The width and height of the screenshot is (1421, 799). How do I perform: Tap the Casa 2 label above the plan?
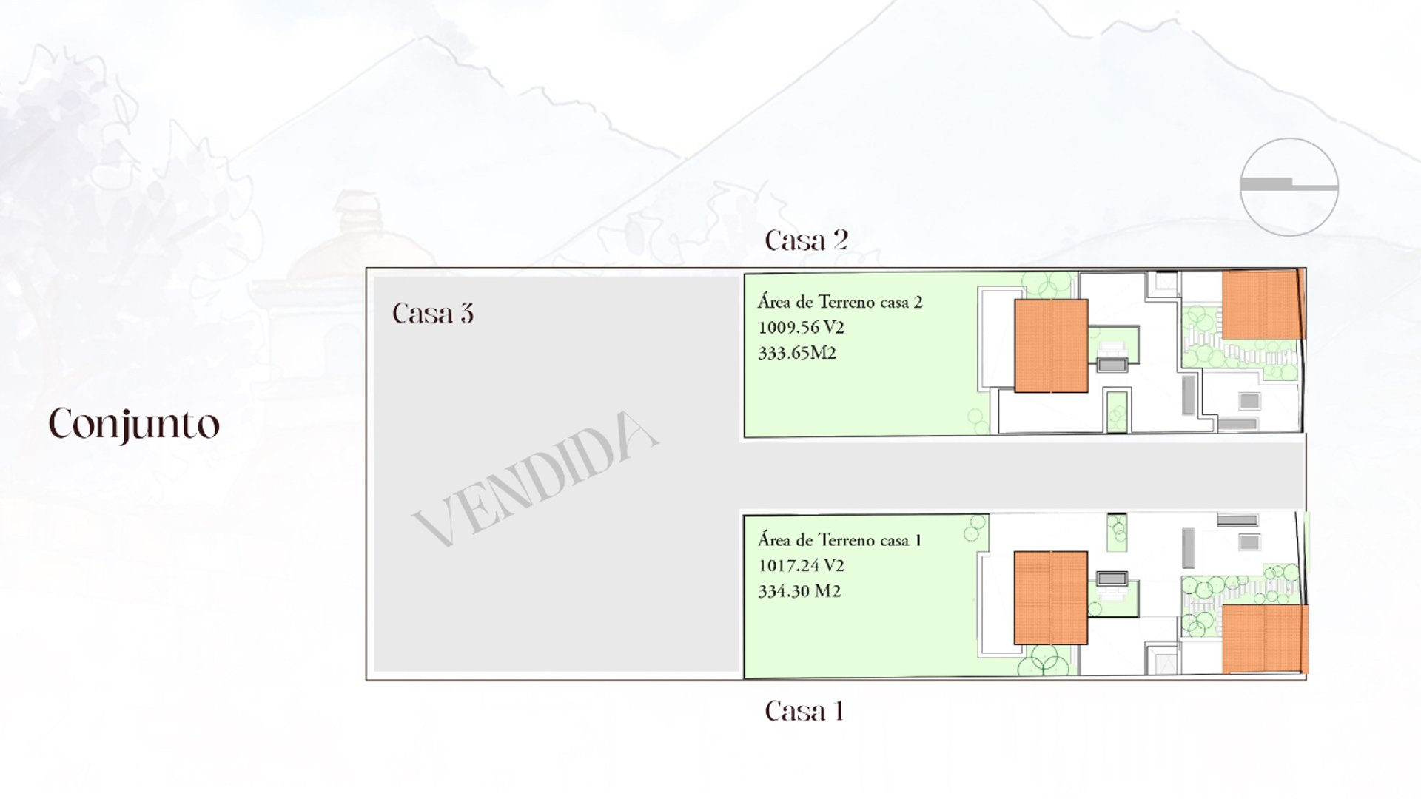coord(806,240)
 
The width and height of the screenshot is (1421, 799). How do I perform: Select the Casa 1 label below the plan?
coord(804,711)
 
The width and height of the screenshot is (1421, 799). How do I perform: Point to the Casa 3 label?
coord(433,314)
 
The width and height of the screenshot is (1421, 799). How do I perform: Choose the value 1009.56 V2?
coord(801,328)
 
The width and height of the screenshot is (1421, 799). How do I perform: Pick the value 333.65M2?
coord(797,354)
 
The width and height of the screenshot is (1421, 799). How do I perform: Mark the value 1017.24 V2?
coord(801,566)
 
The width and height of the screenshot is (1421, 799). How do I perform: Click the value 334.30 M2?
coord(799,592)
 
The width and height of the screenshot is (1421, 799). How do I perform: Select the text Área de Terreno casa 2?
coord(840,302)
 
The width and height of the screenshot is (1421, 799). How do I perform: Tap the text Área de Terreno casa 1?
coord(839,540)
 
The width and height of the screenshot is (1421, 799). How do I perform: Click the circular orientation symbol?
coord(1289,187)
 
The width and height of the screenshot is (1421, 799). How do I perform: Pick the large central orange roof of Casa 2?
coord(1051,345)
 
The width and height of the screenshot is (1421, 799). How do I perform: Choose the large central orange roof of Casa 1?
coord(1051,598)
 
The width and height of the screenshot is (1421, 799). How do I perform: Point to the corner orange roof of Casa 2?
coord(1263,305)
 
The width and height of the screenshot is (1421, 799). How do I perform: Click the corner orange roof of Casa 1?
coord(1265,639)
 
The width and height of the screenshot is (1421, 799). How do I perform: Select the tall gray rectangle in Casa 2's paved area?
coord(1188,394)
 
